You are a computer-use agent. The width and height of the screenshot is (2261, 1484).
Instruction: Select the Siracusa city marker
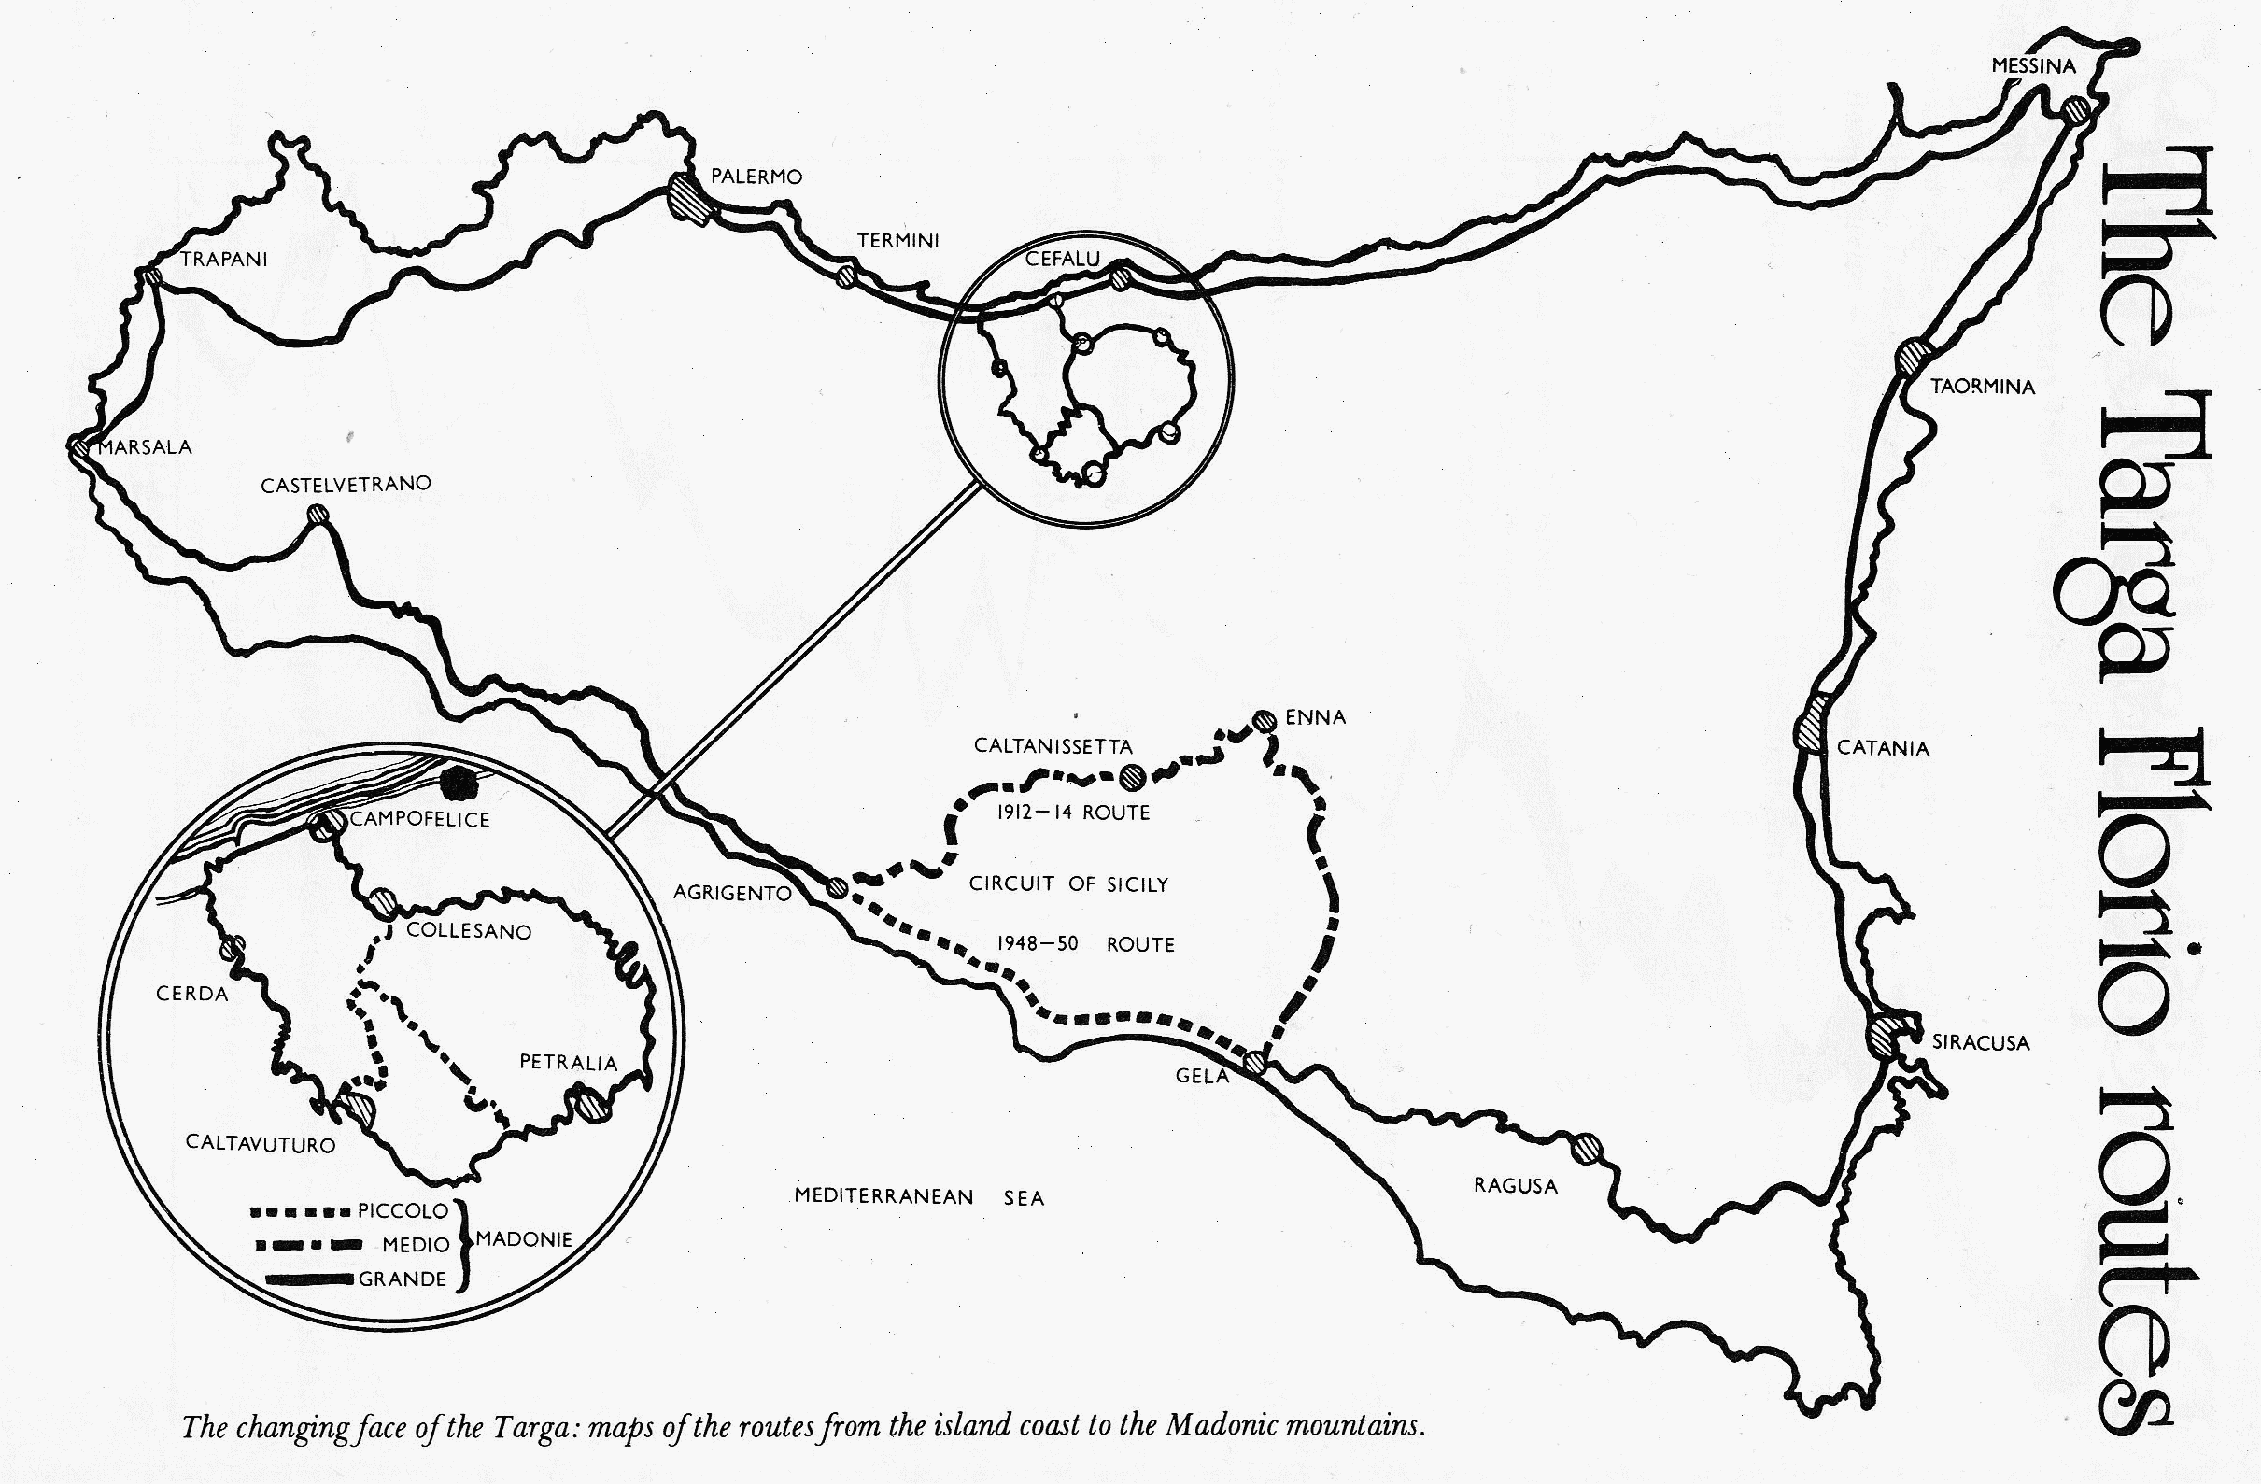1885,1035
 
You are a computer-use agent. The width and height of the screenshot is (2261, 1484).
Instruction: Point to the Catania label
1883,748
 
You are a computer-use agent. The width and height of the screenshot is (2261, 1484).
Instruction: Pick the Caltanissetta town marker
1130,777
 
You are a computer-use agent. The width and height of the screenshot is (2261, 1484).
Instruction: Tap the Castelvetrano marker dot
318,515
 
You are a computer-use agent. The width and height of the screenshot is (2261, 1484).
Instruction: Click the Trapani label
224,259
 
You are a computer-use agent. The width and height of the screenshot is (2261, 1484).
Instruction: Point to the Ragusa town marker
1586,1149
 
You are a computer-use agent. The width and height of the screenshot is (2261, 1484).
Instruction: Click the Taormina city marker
1913,359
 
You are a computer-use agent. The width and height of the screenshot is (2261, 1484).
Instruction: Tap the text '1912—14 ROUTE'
1072,813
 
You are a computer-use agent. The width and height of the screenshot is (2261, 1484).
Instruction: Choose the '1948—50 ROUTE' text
1085,944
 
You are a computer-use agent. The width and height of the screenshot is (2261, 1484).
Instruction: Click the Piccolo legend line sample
301,1212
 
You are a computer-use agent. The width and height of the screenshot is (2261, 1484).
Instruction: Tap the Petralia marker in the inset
586,1106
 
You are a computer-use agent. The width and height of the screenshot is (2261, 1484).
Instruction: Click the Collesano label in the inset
468,931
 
